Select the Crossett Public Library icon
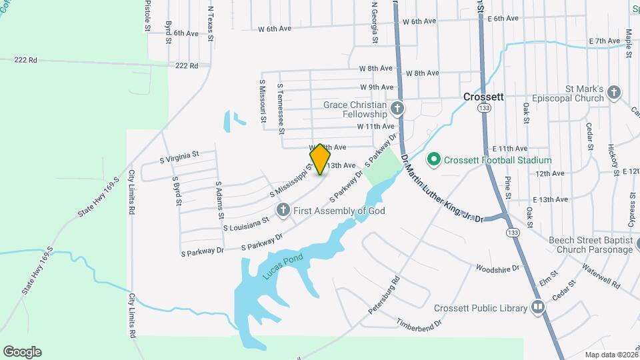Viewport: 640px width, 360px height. pyautogui.click(x=538, y=308)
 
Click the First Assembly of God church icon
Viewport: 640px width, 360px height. pyautogui.click(x=283, y=211)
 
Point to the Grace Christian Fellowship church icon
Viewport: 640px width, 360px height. pyautogui.click(x=397, y=108)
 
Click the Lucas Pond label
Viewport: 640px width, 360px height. pyautogui.click(x=283, y=266)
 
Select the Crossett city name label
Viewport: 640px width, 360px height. pyautogui.click(x=483, y=96)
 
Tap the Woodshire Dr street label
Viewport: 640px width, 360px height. pyautogui.click(x=497, y=268)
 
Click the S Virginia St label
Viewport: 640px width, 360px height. pyautogui.click(x=179, y=156)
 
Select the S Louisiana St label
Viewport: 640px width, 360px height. pyautogui.click(x=246, y=223)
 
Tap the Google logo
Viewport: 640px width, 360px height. pyautogui.click(x=22, y=351)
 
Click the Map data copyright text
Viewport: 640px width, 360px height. pyautogui.click(x=611, y=355)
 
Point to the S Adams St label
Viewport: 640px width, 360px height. pyautogui.click(x=219, y=199)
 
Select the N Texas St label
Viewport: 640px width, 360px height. pyautogui.click(x=210, y=24)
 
